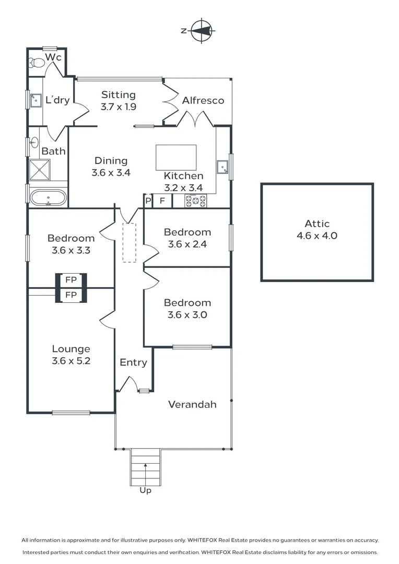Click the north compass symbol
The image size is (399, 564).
click(x=201, y=30)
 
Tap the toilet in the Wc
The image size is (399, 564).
click(x=37, y=62)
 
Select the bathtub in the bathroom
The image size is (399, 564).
click(x=48, y=197)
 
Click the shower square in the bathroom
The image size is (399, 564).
click(x=40, y=169)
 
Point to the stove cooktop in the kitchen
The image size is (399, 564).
click(x=196, y=201)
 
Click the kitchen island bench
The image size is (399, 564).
click(x=176, y=157)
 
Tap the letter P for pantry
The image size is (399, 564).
click(x=148, y=201)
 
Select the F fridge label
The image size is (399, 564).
click(x=162, y=201)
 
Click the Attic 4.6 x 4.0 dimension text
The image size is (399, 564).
click(x=317, y=236)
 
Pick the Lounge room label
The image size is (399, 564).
click(x=71, y=349)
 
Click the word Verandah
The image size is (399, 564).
click(x=192, y=404)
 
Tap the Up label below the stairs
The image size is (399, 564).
click(x=145, y=490)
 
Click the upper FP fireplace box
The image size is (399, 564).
click(x=71, y=280)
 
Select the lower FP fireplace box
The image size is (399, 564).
click(x=71, y=296)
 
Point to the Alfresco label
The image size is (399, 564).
click(x=203, y=100)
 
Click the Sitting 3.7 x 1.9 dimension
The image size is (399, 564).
click(x=119, y=107)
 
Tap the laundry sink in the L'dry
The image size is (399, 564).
click(x=36, y=100)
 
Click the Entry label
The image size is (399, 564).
click(x=133, y=362)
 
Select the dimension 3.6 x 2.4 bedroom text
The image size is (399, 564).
click(x=187, y=244)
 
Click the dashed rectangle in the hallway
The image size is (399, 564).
click(x=129, y=242)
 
